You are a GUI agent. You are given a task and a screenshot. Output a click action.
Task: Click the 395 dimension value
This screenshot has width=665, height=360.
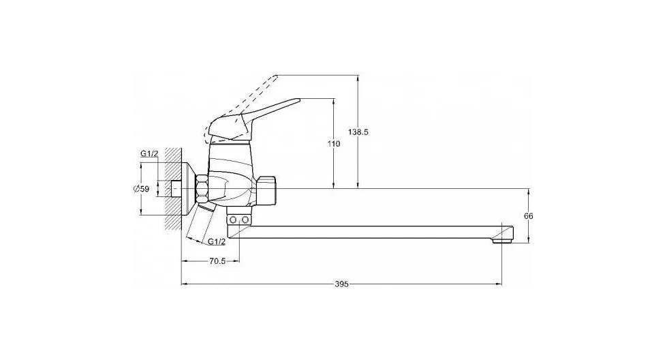[341, 284]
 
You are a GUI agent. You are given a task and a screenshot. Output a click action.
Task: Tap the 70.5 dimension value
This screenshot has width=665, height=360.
[217, 262]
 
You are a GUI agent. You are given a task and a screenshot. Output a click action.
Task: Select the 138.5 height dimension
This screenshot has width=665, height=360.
[358, 132]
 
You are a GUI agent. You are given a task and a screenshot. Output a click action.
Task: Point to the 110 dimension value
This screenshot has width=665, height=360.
[334, 144]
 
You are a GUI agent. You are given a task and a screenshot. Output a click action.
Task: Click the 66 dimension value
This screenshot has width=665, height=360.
[529, 216]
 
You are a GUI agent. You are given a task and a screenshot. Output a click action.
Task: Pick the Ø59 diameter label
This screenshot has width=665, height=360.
[141, 189]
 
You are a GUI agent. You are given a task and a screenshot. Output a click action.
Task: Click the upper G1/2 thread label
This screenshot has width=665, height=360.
[149, 153]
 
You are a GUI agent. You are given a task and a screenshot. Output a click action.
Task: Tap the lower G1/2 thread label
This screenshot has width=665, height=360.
[217, 241]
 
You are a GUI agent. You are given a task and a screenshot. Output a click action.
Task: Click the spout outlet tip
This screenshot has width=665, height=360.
[503, 240]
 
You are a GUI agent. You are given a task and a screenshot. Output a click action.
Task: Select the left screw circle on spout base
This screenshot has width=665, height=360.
[232, 220]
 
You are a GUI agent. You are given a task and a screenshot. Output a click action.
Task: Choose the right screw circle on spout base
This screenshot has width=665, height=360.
[245, 220]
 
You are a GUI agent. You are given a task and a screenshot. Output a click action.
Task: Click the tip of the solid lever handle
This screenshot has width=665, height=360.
[298, 101]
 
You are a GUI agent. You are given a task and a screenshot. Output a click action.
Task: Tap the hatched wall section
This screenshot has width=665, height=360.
[173, 188]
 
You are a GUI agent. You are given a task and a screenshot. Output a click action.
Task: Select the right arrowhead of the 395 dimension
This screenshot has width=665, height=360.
[499, 284]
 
